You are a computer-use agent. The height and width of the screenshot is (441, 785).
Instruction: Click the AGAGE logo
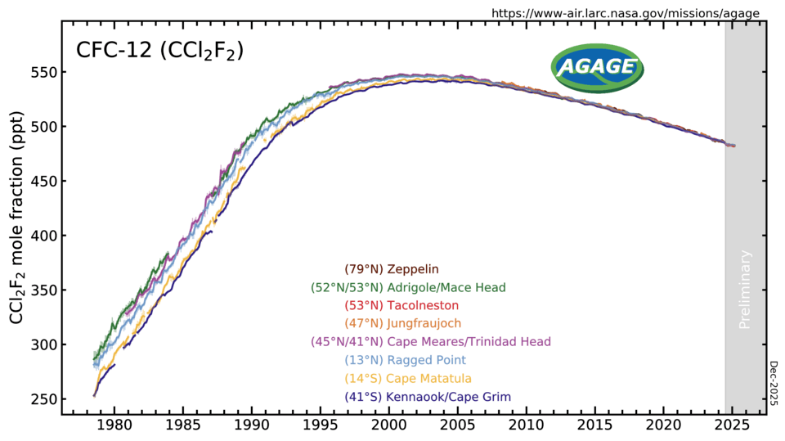(x=596, y=67)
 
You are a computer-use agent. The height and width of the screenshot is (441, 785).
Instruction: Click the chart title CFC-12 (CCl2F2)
(x=159, y=51)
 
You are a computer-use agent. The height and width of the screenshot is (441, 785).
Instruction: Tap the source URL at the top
(x=625, y=13)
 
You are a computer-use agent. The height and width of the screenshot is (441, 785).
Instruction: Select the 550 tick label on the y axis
(x=43, y=73)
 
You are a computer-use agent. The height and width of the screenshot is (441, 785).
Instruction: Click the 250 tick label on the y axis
(x=43, y=399)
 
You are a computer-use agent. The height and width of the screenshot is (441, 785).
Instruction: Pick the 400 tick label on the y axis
(x=43, y=236)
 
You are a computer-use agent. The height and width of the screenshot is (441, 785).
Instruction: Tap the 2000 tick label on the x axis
(x=389, y=427)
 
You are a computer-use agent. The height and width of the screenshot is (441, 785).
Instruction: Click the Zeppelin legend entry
(x=392, y=269)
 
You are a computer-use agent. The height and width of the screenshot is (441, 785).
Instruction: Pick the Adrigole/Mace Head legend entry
(x=408, y=287)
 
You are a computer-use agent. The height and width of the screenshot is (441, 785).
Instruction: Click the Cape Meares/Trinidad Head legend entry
(x=431, y=341)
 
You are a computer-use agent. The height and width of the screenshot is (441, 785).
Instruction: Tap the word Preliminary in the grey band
(x=745, y=289)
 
